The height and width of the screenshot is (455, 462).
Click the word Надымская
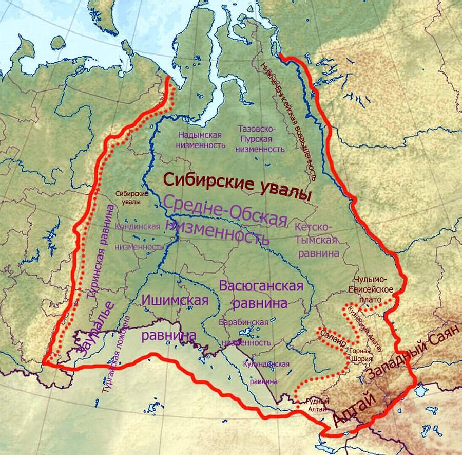click(x=200, y=135)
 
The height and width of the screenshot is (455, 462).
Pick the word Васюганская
click(x=261, y=286)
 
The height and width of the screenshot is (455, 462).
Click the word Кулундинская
click(x=266, y=364)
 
